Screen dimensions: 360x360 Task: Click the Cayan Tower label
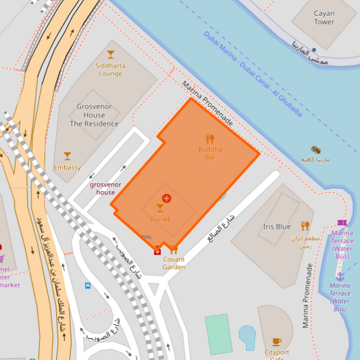click(x=324, y=18)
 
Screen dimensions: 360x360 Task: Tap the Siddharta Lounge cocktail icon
click(x=110, y=54)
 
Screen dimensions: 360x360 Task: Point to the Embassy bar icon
click(x=67, y=156)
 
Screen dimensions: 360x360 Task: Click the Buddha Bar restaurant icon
click(x=209, y=139)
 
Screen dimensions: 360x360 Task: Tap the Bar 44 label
click(x=160, y=220)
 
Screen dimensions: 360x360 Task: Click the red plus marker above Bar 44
click(x=167, y=198)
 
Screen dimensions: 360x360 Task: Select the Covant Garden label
click(x=174, y=263)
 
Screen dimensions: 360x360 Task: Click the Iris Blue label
click(x=277, y=227)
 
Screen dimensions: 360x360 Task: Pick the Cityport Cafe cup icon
click(x=276, y=342)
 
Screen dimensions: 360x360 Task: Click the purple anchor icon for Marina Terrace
click(x=340, y=276)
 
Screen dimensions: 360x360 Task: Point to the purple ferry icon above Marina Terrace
click(x=342, y=222)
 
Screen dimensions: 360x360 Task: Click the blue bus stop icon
click(x=88, y=285)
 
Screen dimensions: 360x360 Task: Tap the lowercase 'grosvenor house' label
click(x=105, y=188)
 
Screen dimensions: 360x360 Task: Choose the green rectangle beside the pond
click(x=218, y=334)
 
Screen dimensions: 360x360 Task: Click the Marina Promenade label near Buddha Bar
click(x=207, y=103)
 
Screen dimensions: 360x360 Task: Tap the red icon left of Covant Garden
click(x=157, y=251)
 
